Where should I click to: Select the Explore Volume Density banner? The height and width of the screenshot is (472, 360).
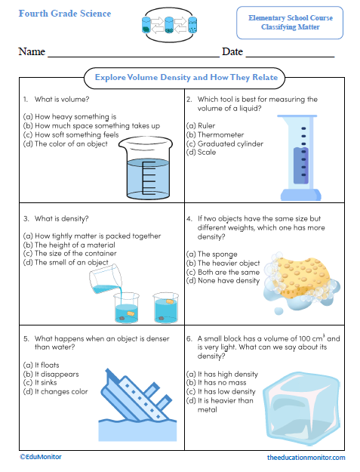(186, 77)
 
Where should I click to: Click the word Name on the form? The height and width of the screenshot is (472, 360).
(32, 52)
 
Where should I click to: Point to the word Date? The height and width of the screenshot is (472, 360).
(232, 52)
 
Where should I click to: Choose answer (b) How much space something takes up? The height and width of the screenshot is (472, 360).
(91, 125)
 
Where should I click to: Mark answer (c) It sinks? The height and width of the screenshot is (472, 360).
(48, 383)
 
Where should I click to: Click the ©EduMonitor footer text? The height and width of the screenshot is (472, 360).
(41, 457)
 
